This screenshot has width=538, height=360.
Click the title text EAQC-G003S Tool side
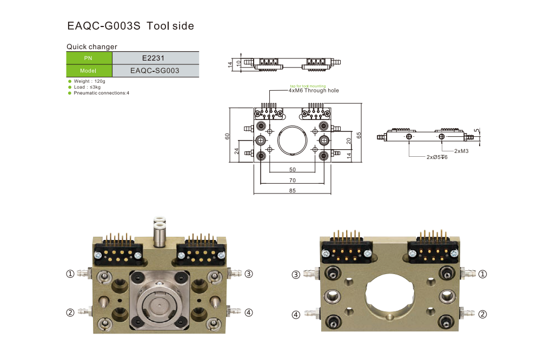pyautogui.click(x=130, y=26)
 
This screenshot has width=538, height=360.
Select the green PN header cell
pyautogui.click(x=89, y=58)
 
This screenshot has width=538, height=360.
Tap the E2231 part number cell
pyautogui.click(x=156, y=58)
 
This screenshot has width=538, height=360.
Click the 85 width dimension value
pyautogui.click(x=292, y=190)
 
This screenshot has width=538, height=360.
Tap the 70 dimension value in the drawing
pyautogui.click(x=292, y=180)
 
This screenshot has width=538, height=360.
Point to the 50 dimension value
pyautogui.click(x=292, y=170)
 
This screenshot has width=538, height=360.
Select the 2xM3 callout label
pyautogui.click(x=461, y=151)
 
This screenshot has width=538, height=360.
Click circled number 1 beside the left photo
pyautogui.click(x=70, y=274)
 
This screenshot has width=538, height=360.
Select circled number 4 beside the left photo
pyautogui.click(x=248, y=312)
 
